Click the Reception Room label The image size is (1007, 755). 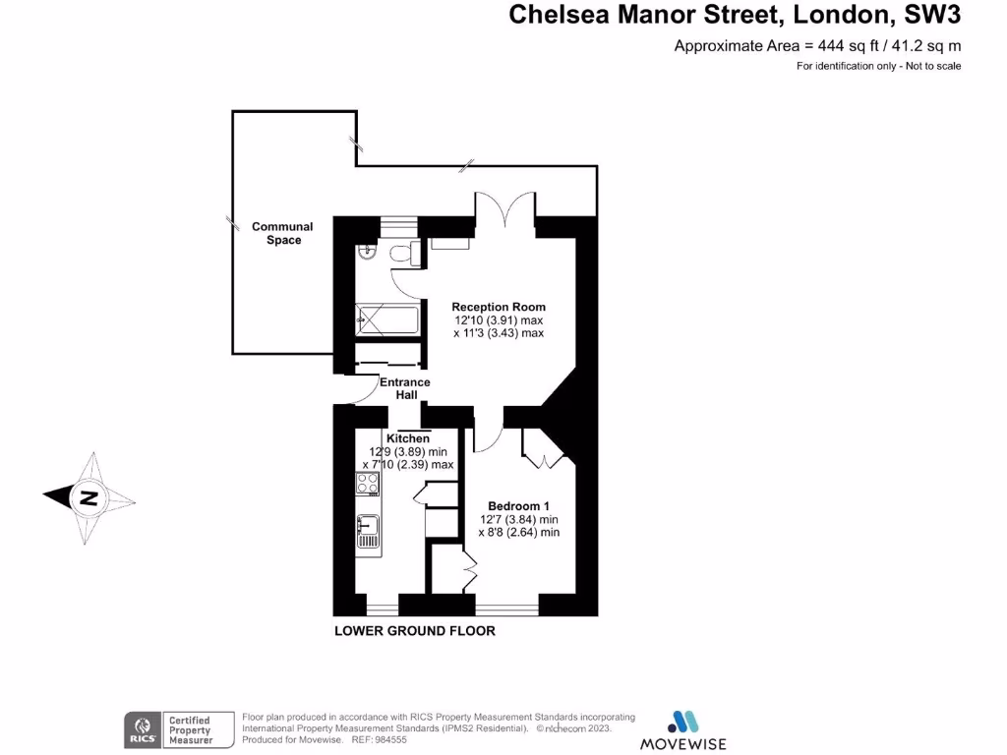499,307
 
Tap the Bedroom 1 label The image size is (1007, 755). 519,506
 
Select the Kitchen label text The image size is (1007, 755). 407,438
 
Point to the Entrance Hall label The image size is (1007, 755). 405,388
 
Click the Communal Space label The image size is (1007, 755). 283,233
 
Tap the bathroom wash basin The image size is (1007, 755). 367,253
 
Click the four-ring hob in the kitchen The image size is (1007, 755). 369,483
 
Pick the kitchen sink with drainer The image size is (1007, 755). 369,531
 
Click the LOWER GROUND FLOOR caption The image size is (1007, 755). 415,631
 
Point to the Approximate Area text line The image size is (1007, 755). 816,45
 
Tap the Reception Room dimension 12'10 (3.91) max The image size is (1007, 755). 499,320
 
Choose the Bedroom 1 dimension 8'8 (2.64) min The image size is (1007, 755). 519,532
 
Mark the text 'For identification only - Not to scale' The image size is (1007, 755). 877,66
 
